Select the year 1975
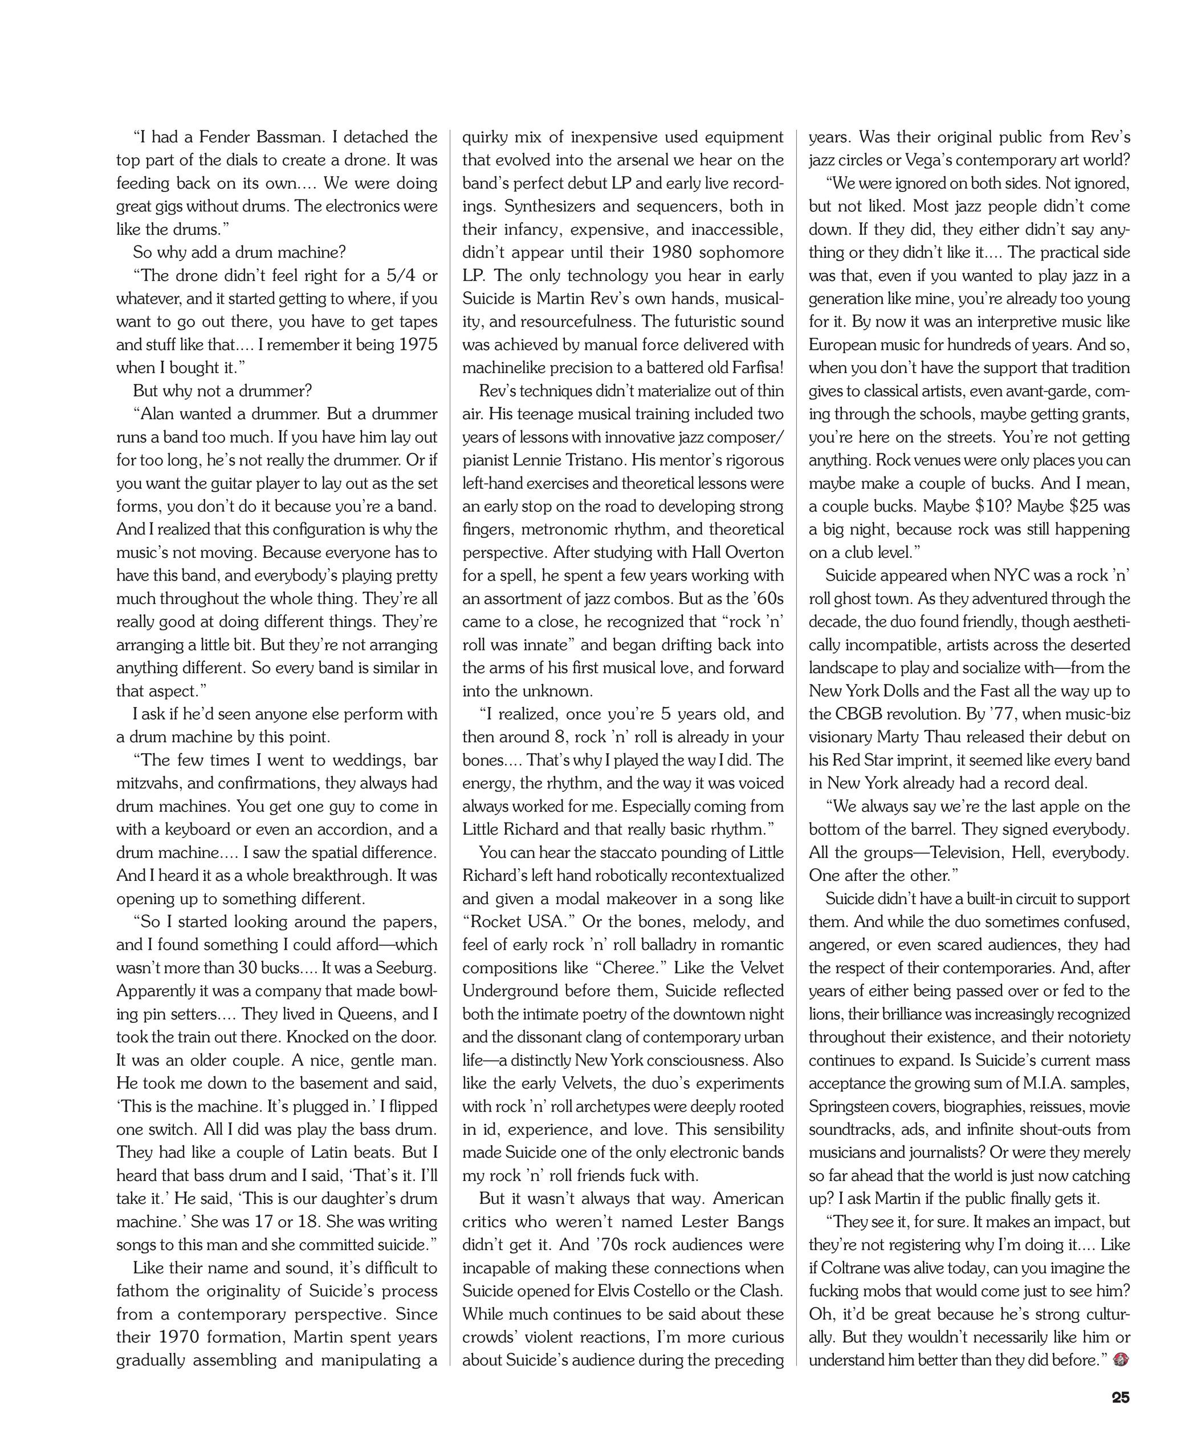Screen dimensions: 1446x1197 point(418,345)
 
